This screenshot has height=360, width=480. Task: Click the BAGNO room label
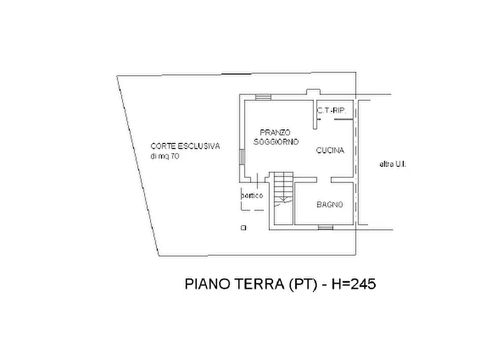329,205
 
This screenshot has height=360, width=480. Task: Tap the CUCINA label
330,150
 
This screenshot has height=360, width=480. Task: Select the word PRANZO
275,133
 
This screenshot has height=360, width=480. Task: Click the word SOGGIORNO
276,142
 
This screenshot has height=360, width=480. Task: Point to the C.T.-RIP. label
332,111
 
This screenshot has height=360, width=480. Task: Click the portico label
252,195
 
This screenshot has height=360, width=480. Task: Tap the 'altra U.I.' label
393,164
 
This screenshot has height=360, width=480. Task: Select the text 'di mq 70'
164,156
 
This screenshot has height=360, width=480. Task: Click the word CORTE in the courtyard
163,146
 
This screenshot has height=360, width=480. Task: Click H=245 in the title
354,284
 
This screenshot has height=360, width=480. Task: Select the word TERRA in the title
260,284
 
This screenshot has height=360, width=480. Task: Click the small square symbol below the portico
243,228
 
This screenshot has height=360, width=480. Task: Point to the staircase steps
283,187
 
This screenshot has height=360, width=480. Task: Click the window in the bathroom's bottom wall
325,227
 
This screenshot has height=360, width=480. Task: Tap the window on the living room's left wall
242,156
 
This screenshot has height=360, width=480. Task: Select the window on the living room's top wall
263,97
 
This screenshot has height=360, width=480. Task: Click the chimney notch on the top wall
313,92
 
